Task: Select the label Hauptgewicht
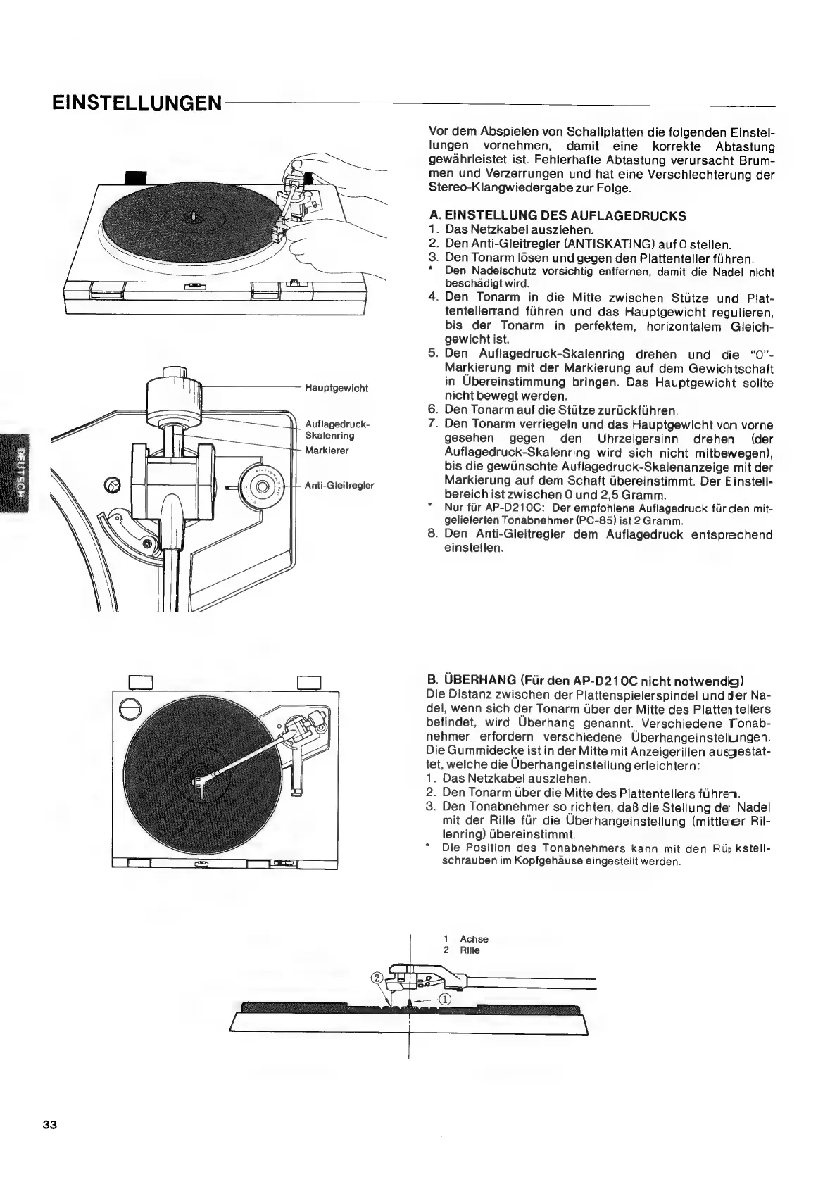point(336,388)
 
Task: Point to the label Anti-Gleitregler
point(339,485)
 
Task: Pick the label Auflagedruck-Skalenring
point(337,429)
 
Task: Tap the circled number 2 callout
point(377,978)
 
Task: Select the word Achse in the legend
point(474,939)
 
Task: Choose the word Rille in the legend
point(470,950)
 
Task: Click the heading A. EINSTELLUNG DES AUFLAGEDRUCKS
point(557,215)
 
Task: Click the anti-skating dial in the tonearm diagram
point(260,486)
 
